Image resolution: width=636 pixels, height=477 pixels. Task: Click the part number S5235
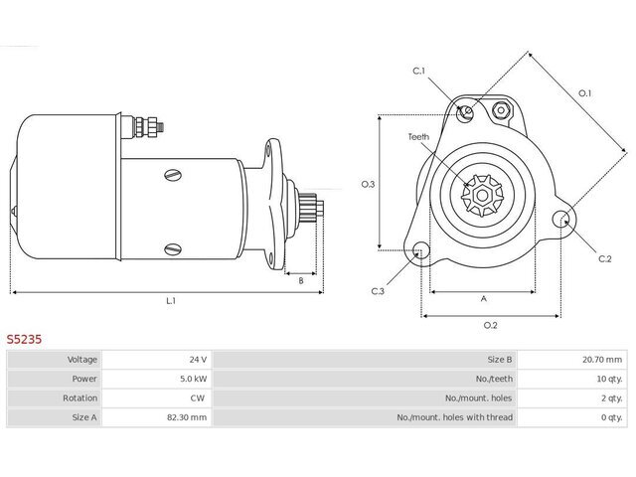tap(24, 339)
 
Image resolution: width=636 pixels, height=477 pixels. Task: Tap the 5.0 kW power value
tap(194, 379)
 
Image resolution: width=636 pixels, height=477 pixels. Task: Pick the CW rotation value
tap(198, 397)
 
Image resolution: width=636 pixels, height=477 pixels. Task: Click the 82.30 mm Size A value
tap(187, 417)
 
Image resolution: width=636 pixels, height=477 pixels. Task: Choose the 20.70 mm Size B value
tap(602, 360)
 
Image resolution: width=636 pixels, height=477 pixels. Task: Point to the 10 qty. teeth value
tap(609, 379)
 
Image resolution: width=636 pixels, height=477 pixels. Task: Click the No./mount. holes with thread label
tap(455, 417)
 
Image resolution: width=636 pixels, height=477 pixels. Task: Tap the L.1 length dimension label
tap(171, 301)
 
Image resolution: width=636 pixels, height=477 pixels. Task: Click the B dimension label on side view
tap(301, 280)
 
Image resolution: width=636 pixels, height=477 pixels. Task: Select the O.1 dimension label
tap(585, 93)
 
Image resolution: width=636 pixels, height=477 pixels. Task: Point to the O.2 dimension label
tap(490, 325)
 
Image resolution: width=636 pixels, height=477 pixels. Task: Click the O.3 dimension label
tap(369, 185)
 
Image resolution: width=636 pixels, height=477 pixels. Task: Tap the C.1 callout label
tap(418, 71)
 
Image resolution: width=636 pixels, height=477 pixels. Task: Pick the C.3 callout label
tap(378, 291)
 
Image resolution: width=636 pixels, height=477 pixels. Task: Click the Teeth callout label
tap(418, 137)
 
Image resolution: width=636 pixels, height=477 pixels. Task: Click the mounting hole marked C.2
tap(561, 220)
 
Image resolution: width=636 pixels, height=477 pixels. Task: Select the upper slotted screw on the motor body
tap(173, 175)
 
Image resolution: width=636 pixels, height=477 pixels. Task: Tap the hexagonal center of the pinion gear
tap(482, 196)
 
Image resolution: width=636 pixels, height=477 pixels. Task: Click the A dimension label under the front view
tap(484, 299)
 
